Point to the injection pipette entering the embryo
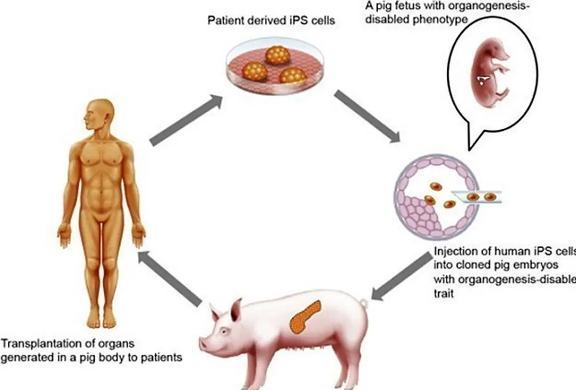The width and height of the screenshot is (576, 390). (480, 196)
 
